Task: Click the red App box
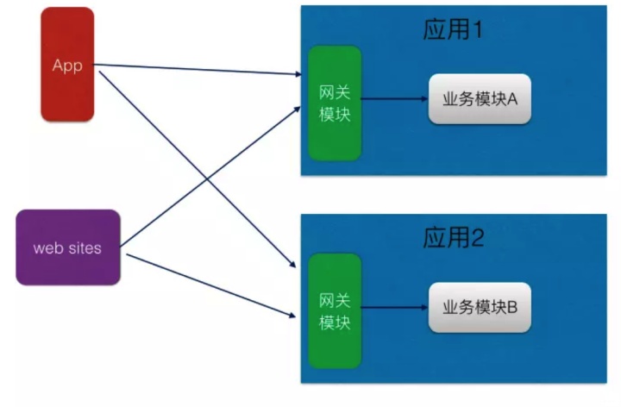[x=67, y=64]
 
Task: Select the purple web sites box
[x=67, y=247]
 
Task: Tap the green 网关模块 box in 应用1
[x=335, y=103]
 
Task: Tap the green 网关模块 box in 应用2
[x=335, y=311]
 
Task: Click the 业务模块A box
[x=480, y=99]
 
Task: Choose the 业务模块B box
[x=480, y=307]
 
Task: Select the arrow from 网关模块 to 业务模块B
[x=393, y=307]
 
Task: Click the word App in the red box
[x=67, y=66]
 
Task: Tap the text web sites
[x=67, y=248]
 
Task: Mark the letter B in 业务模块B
[x=511, y=307]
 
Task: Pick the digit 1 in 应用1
[x=477, y=31]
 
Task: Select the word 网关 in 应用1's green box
[x=335, y=92]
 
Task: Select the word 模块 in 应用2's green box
[x=335, y=322]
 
